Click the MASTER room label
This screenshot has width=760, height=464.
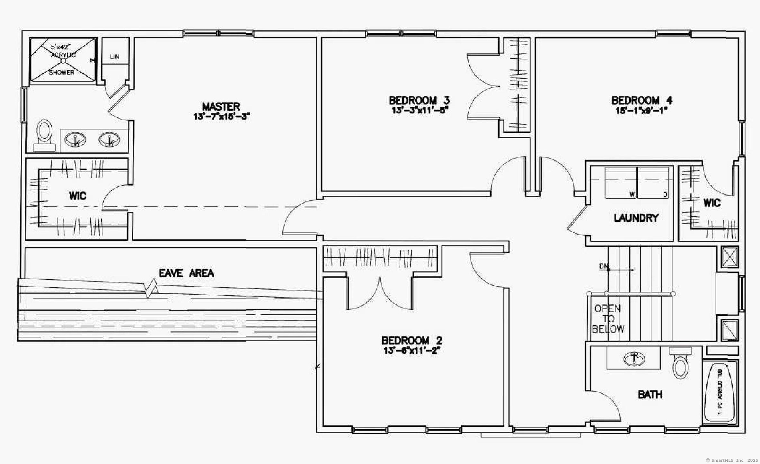pos(221,107)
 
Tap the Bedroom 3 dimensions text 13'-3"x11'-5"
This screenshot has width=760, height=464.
pos(420,110)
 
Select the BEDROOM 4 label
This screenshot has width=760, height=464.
pos(641,101)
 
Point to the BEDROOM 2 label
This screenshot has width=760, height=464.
pos(411,340)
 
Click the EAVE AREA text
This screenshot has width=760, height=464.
pos(186,273)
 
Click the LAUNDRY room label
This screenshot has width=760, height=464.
pos(636,218)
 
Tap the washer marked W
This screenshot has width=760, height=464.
pos(621,183)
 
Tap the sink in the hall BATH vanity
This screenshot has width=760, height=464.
pos(634,359)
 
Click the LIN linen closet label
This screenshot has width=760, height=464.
pos(115,57)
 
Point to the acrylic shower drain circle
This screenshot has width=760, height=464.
pos(63,60)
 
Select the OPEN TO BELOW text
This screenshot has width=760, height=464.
pos(608,319)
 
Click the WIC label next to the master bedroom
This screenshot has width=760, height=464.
pos(77,196)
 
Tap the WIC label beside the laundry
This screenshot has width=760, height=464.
pos(711,203)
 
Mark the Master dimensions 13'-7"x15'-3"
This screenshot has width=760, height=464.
pos(221,116)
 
